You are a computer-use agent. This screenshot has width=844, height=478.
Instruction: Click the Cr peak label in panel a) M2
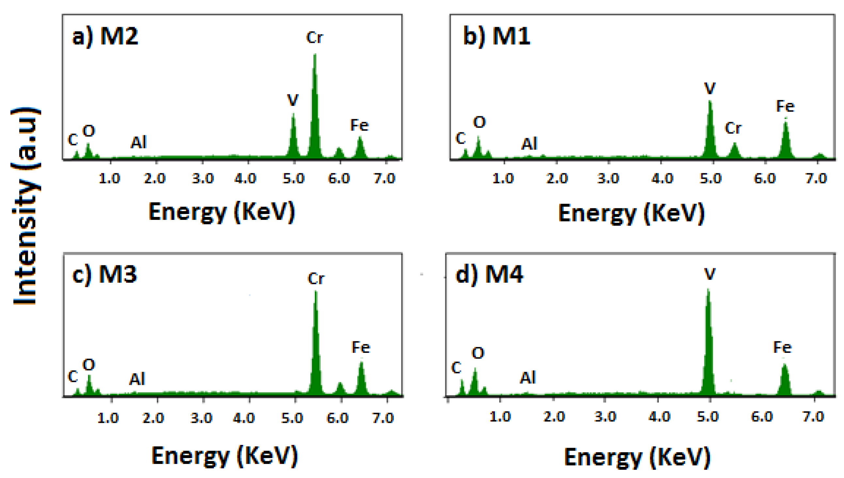(x=314, y=38)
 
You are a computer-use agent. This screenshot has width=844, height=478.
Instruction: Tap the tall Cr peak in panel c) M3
(x=316, y=345)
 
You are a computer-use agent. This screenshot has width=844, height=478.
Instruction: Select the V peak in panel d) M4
(x=708, y=345)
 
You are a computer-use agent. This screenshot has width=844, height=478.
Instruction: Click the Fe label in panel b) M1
(x=785, y=106)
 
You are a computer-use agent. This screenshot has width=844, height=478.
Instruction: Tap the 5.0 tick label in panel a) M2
(x=293, y=178)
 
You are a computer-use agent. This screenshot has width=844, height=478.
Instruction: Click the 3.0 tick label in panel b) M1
(x=608, y=178)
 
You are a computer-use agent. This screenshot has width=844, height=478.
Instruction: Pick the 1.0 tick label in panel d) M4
(x=500, y=417)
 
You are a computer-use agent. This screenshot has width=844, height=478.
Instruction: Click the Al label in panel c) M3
(x=137, y=379)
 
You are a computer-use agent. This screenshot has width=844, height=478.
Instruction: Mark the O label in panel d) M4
(x=478, y=353)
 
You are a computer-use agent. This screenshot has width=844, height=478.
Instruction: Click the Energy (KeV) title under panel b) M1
(x=631, y=213)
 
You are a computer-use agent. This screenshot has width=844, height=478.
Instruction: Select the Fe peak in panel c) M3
(x=361, y=378)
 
